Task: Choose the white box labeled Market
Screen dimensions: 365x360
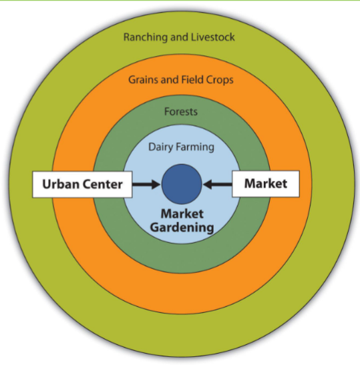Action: (x=265, y=184)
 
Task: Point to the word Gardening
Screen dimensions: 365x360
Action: (x=182, y=228)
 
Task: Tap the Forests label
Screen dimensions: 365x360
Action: (x=181, y=111)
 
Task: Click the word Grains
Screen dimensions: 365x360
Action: (x=144, y=79)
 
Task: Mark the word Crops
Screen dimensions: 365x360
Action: (x=219, y=79)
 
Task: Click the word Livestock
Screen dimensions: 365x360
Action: (x=212, y=37)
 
